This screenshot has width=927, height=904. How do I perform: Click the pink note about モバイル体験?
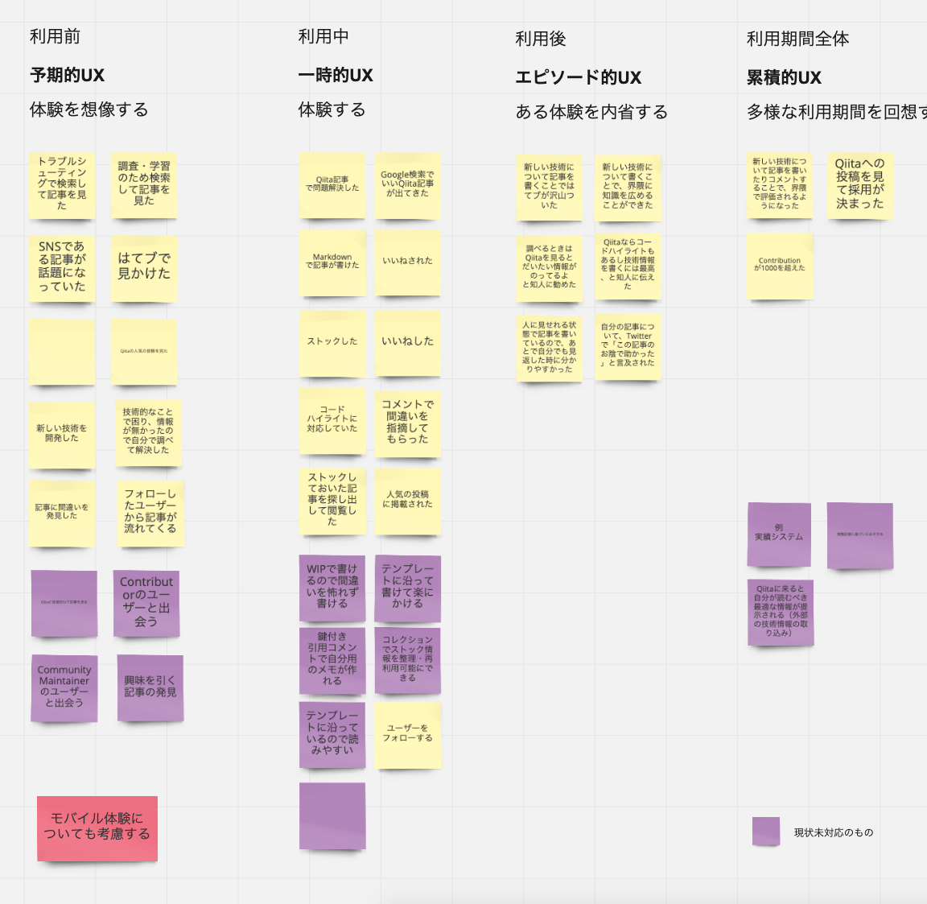(97, 828)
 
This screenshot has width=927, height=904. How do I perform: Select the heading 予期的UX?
(68, 76)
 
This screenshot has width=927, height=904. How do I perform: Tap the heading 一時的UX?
(336, 76)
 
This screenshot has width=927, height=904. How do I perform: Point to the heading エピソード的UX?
(579, 78)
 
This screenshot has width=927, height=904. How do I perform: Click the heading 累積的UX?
(784, 78)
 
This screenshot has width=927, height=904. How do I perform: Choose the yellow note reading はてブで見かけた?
(144, 266)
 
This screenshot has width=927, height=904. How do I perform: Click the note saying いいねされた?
(407, 262)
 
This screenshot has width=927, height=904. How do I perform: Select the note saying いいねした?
(407, 342)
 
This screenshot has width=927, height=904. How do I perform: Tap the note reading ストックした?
(332, 342)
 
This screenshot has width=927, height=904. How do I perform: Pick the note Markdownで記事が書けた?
(332, 262)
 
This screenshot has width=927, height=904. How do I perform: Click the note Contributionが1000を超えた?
(780, 265)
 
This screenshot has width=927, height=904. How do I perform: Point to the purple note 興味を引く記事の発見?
(150, 687)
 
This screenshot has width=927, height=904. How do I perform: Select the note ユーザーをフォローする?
(407, 733)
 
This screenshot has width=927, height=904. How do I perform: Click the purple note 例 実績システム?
(779, 534)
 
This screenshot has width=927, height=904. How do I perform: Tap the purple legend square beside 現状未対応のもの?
(766, 832)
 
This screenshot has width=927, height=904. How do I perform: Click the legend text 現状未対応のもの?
(834, 832)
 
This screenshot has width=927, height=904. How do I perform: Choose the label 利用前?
(55, 36)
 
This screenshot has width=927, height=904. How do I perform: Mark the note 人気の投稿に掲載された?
(407, 500)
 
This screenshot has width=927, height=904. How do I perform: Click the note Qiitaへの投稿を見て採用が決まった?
(859, 184)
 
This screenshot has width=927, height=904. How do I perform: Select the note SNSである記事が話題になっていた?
(62, 266)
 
